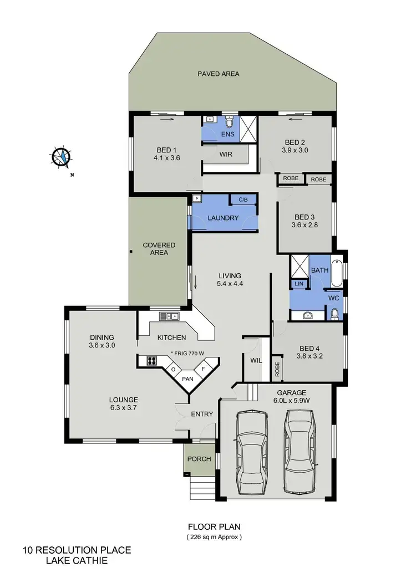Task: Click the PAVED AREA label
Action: (x=219, y=74)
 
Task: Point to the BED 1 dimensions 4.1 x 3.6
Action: (x=168, y=158)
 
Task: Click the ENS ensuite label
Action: (x=228, y=135)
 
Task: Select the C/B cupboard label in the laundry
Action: (x=242, y=200)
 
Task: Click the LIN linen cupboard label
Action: (x=299, y=284)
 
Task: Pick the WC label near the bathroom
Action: (x=333, y=298)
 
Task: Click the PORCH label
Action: (x=199, y=459)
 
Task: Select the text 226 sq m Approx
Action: (x=214, y=537)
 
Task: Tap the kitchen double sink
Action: (x=169, y=316)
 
